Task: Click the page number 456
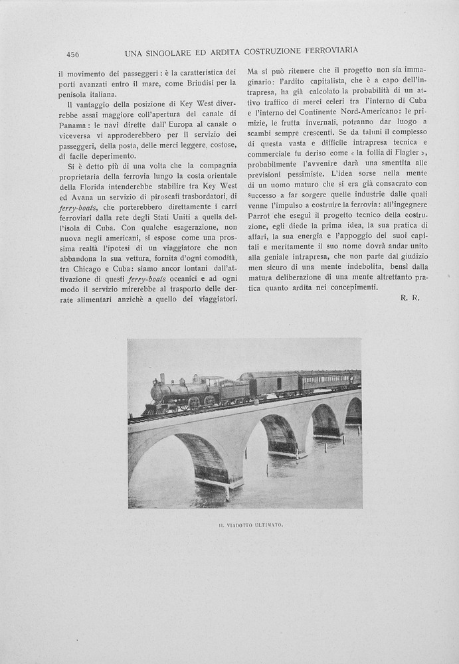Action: pos(72,54)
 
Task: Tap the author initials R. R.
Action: pos(410,298)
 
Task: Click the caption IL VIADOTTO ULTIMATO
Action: pos(250,525)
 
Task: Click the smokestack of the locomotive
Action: pos(161,378)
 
